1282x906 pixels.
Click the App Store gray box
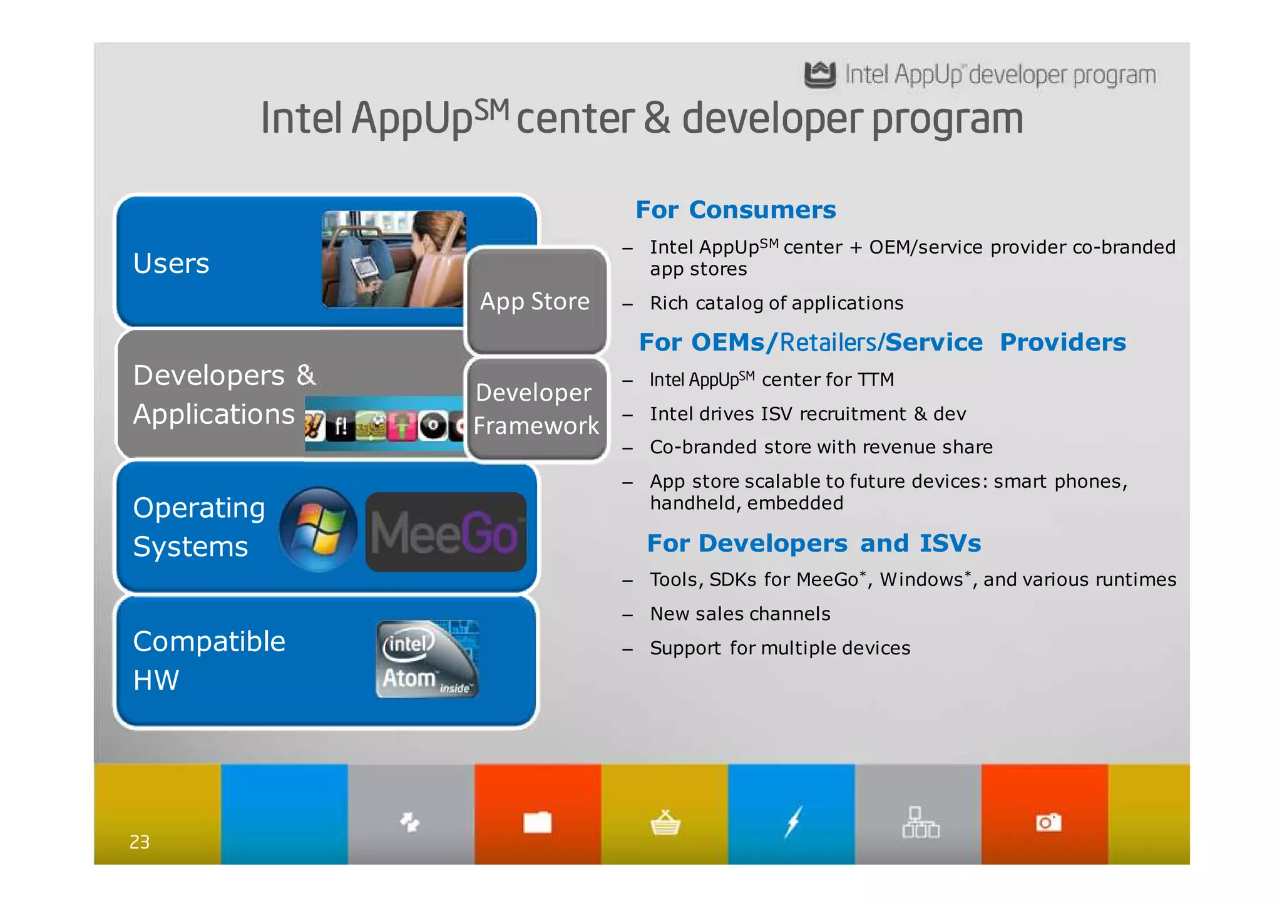pos(536,301)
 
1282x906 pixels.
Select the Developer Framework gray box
pos(536,409)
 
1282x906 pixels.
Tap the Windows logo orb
pos(319,530)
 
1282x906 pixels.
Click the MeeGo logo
pos(446,532)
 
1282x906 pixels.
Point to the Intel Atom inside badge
pos(428,659)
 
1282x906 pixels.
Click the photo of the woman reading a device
pos(394,259)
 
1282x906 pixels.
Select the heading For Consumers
pos(736,210)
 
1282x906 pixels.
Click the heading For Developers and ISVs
pos(813,543)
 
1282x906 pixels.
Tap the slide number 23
pos(139,842)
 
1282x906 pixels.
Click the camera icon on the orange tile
pos(1048,822)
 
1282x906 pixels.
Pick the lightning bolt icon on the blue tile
pos(792,822)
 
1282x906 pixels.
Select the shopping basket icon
pos(665,823)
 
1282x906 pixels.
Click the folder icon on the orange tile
pos(537,822)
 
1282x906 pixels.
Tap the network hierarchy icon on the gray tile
pos(920,822)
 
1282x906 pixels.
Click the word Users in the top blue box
pos(171,264)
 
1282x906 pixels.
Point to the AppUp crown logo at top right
pos(819,75)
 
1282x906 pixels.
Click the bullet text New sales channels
pos(740,614)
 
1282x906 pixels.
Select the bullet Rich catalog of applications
pos(776,303)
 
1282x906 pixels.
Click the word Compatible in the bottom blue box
pos(209,642)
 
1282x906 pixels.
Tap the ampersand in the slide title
pos(656,118)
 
